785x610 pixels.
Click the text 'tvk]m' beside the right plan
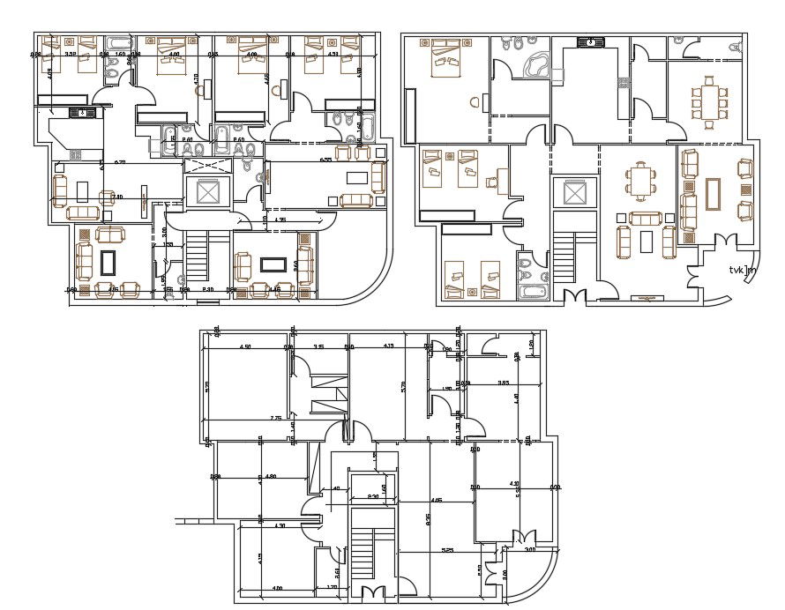742,271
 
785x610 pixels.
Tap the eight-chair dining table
710,99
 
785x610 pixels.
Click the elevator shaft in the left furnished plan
209,192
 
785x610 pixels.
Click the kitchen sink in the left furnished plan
81,112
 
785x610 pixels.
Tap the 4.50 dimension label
246,346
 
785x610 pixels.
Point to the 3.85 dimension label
503,383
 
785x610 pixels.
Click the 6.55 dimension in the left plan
325,160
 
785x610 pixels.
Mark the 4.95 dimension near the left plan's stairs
280,219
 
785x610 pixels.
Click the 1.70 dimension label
332,586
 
